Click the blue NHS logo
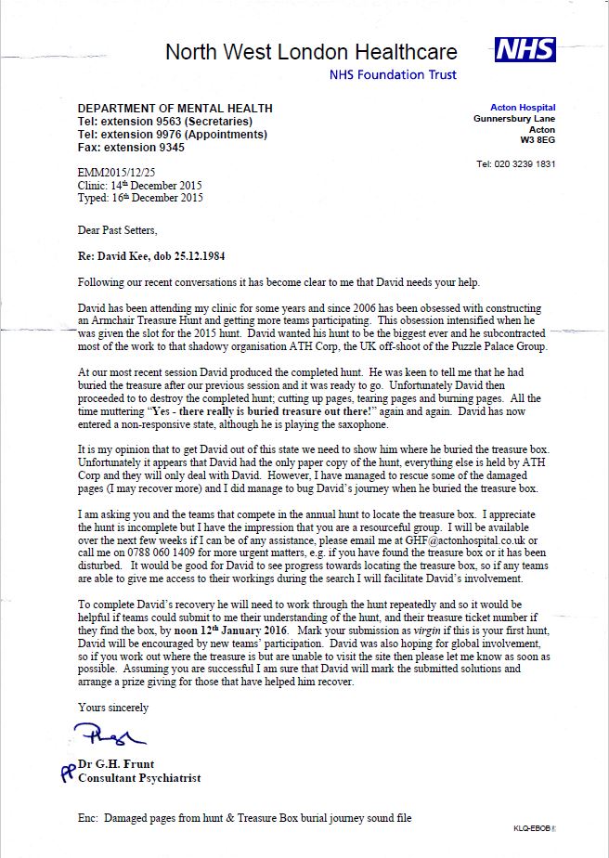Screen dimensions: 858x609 tap(525, 50)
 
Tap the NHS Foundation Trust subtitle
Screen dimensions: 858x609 tap(394, 75)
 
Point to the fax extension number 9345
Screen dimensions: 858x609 tap(169, 147)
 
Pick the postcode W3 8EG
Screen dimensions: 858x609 tap(538, 140)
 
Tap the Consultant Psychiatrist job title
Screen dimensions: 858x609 tap(139, 777)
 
